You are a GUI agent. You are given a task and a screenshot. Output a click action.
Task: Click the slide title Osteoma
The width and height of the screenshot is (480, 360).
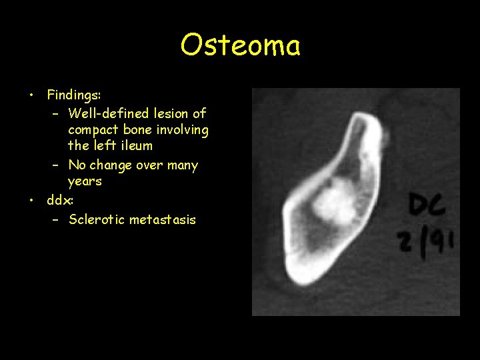point(240,45)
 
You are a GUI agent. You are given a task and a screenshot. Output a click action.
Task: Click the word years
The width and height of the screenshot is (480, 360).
point(85,181)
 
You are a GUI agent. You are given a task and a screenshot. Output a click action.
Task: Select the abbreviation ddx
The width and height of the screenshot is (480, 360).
point(58,199)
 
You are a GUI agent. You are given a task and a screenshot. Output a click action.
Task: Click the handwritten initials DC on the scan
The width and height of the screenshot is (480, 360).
point(427,207)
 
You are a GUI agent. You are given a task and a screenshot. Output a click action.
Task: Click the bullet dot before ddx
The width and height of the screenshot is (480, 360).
point(31,200)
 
